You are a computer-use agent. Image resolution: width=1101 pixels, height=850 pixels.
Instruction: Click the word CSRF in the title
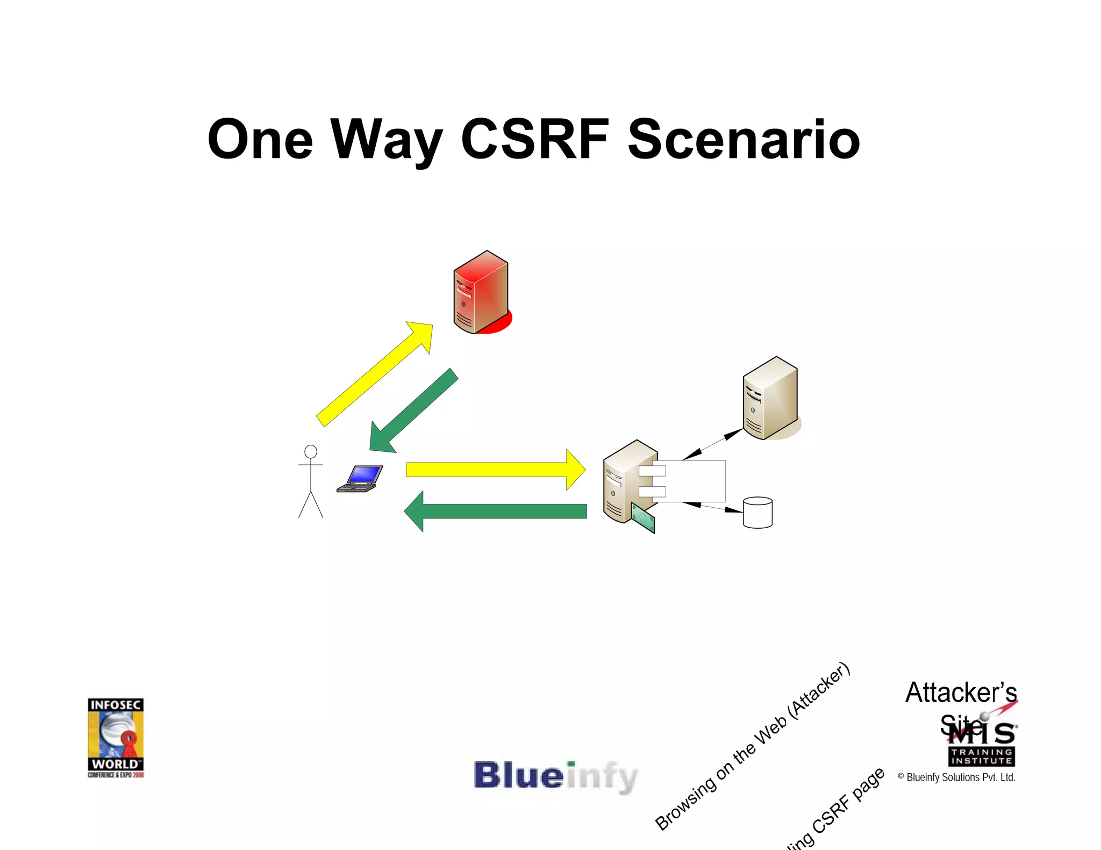[x=535, y=140]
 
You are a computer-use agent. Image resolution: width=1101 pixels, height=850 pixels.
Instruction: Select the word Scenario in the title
[x=743, y=141]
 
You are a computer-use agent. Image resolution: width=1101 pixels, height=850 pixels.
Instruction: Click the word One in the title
[x=260, y=140]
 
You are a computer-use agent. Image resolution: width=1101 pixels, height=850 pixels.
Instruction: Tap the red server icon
[x=481, y=293]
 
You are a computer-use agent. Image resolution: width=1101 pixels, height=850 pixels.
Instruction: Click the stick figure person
[x=311, y=481]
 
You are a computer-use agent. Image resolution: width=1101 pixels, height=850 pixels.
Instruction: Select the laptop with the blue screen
[x=360, y=478]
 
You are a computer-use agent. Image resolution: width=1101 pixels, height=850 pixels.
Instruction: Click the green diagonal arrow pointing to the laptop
[x=413, y=411]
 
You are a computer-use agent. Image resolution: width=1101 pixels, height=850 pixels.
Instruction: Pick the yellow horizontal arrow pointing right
[x=495, y=470]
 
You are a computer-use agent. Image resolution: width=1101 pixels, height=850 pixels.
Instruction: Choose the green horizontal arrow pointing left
[x=495, y=511]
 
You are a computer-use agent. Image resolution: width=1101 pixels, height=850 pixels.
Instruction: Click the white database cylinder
[x=757, y=513]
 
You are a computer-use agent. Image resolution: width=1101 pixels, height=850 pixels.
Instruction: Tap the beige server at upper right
[x=770, y=398]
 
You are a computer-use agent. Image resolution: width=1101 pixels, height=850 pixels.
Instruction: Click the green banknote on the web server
[x=643, y=518]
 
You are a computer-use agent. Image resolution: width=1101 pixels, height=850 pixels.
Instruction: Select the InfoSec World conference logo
[x=116, y=737]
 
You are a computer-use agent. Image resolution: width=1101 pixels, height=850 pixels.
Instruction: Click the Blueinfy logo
[x=555, y=776]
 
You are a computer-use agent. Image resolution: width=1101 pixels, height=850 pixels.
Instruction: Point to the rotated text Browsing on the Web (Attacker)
[x=753, y=747]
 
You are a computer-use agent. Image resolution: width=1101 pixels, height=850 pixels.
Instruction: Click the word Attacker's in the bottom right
[x=961, y=692]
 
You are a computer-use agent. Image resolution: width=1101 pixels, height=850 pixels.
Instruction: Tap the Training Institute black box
[x=981, y=757]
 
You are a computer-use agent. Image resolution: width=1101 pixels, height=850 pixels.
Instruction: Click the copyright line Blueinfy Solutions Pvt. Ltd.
[x=956, y=777]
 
